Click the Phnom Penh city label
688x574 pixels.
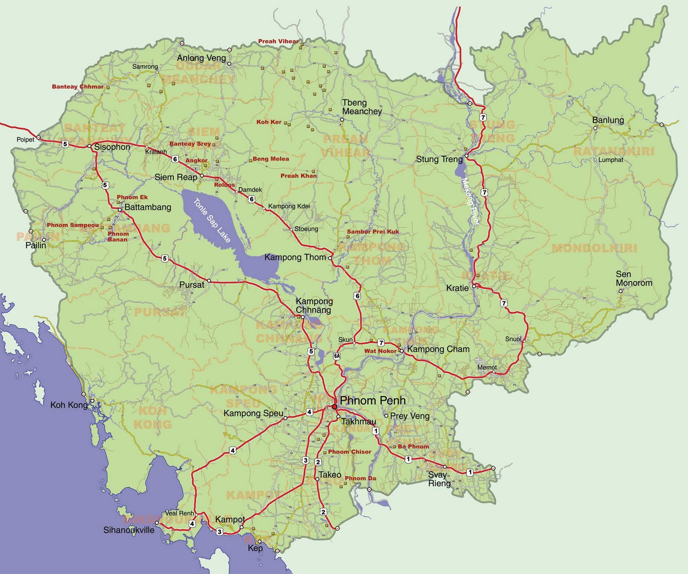click(x=372, y=401)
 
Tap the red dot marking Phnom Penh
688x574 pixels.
click(x=335, y=407)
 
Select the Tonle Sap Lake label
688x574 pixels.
click(x=212, y=220)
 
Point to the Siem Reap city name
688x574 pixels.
click(x=176, y=177)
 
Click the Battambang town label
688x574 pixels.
click(x=147, y=207)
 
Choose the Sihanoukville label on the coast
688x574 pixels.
click(x=129, y=530)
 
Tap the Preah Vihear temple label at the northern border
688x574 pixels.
click(x=278, y=41)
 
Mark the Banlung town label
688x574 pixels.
click(x=608, y=120)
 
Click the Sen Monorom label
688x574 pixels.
click(x=633, y=278)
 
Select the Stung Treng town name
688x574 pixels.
click(x=439, y=159)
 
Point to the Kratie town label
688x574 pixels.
click(x=457, y=288)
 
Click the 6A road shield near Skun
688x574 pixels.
click(x=337, y=356)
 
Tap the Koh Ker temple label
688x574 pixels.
click(x=269, y=122)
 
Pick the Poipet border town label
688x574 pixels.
click(x=25, y=139)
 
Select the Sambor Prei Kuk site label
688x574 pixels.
click(x=373, y=231)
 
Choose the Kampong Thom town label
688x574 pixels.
click(x=295, y=257)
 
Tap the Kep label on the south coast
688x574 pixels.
click(x=255, y=548)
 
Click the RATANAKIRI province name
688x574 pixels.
click(x=614, y=151)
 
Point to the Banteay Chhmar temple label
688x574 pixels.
click(x=77, y=86)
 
